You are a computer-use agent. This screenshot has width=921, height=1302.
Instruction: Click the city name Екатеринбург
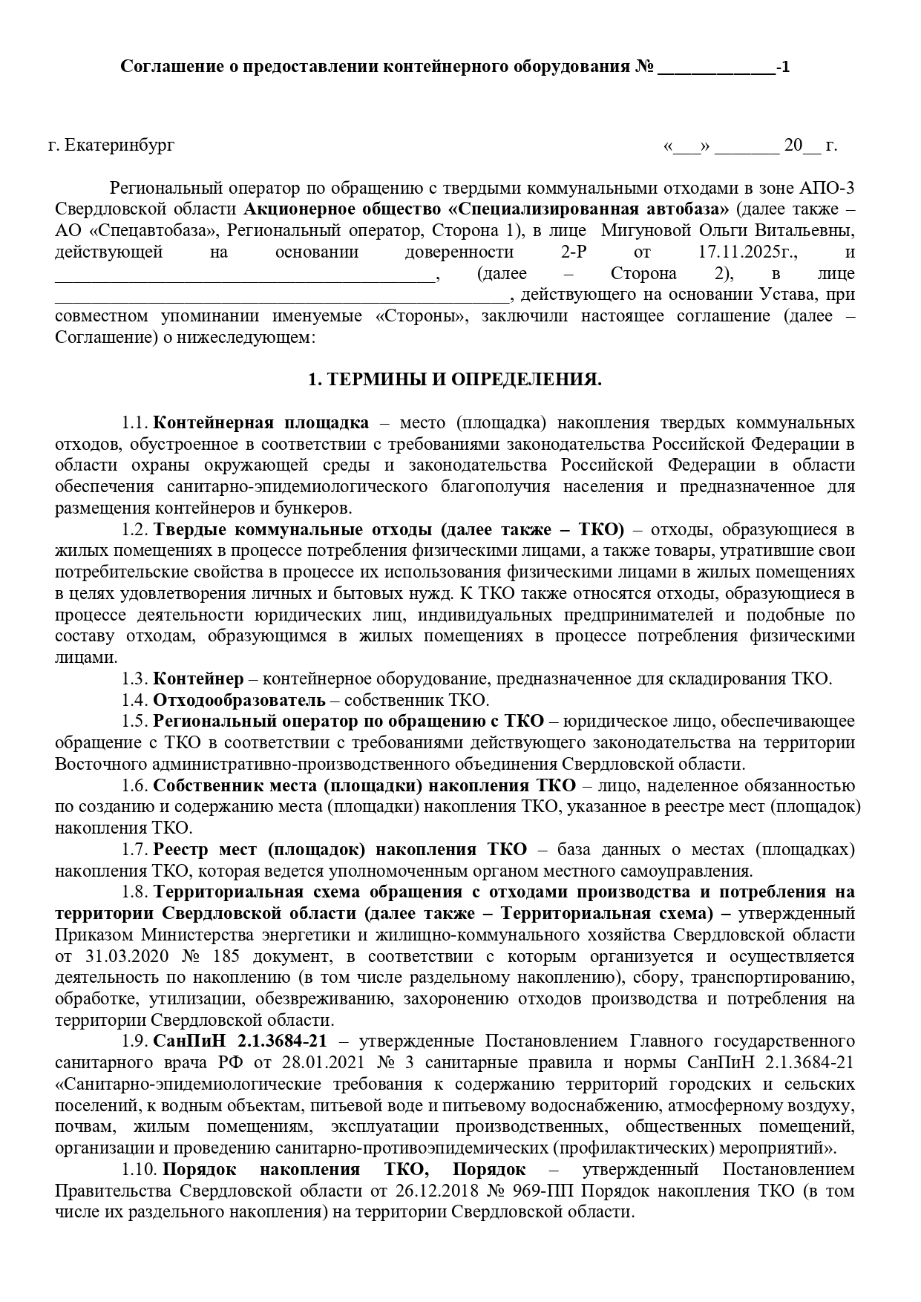pos(120,145)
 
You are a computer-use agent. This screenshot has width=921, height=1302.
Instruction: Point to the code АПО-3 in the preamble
pos(828,187)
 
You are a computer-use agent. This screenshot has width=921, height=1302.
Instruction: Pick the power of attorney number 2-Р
pos(574,252)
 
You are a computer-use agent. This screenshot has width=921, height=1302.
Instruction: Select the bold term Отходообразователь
pos(239,700)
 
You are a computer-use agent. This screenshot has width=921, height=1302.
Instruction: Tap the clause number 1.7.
pos(135,850)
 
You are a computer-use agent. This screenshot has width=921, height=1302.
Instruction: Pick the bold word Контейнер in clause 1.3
pos(198,678)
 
